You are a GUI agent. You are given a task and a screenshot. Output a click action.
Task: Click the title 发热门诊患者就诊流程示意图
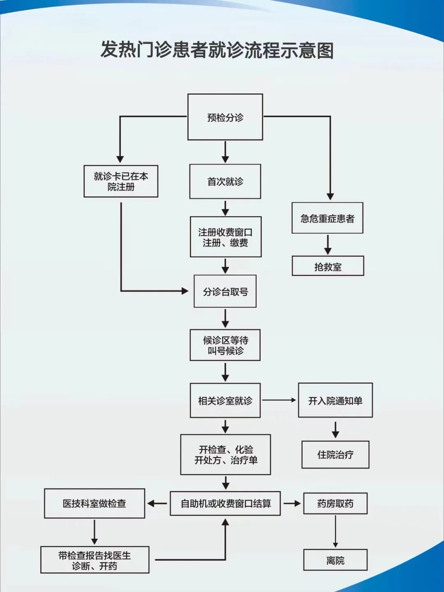click(217, 50)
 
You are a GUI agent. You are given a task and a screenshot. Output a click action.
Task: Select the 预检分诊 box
click(225, 117)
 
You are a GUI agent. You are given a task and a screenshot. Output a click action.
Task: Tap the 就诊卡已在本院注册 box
click(121, 181)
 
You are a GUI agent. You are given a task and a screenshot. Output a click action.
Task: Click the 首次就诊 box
click(225, 182)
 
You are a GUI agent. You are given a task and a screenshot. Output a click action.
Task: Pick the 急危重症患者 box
click(327, 218)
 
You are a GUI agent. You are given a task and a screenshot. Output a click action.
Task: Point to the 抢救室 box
click(328, 266)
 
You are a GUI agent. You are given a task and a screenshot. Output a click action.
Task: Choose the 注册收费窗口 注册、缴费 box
click(226, 237)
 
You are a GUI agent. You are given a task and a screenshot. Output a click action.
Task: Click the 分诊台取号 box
click(225, 292)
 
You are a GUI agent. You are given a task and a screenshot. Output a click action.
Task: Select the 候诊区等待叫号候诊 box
click(225, 345)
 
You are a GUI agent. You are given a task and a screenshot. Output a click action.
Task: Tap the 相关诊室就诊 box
click(225, 401)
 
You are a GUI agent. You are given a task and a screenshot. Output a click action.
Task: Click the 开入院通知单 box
click(335, 401)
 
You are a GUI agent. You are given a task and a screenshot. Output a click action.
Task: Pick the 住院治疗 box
click(335, 454)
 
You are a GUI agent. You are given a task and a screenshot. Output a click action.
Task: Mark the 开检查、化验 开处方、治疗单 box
click(226, 454)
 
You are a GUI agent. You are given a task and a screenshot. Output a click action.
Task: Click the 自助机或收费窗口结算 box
click(225, 503)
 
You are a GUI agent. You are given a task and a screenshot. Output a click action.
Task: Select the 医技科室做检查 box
click(95, 503)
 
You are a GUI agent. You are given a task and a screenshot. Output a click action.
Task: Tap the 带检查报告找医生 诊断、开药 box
click(95, 560)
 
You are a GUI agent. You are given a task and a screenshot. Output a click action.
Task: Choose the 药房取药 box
click(335, 503)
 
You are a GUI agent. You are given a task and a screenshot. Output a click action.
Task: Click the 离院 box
click(335, 560)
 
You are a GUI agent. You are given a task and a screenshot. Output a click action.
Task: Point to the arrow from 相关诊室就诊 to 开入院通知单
click(279, 400)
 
